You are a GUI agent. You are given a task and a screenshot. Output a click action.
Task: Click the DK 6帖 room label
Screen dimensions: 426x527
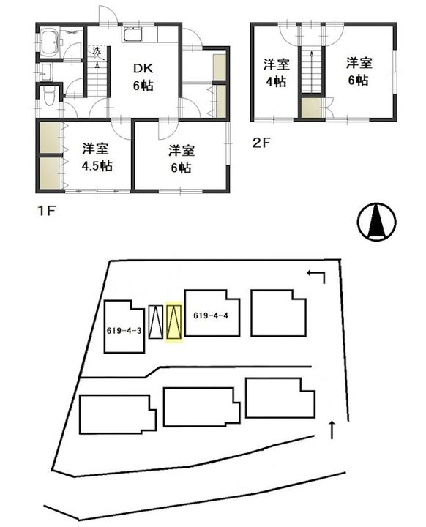(143, 77)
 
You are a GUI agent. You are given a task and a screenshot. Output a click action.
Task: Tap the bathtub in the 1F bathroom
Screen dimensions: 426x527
(51, 42)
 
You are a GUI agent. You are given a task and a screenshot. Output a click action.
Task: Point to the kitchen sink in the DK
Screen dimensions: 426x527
(133, 34)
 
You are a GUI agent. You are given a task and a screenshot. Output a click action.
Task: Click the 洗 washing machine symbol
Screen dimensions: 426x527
(97, 53)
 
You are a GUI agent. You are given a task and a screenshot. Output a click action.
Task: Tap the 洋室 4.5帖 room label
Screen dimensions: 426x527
(97, 157)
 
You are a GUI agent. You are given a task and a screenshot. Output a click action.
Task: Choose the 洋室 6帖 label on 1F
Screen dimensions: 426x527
(182, 158)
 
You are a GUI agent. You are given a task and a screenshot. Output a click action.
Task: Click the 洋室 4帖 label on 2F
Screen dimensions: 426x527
(276, 72)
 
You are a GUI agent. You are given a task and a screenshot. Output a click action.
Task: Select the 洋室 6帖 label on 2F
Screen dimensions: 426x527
(359, 71)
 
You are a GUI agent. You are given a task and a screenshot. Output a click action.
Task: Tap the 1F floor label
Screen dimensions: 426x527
(47, 211)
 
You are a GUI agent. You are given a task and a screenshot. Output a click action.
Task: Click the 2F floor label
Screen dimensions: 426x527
(261, 143)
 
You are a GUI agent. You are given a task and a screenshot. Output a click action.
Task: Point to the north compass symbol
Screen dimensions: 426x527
(376, 222)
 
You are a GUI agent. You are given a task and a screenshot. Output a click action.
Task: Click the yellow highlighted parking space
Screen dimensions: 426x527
(174, 321)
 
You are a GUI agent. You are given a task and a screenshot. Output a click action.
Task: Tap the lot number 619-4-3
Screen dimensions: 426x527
(124, 331)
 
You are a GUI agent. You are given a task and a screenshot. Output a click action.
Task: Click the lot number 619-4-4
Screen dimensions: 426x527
(211, 315)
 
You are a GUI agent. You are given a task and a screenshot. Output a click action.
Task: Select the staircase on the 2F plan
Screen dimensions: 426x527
(311, 70)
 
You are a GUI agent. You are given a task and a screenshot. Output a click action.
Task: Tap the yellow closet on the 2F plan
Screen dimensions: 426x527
(312, 108)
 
